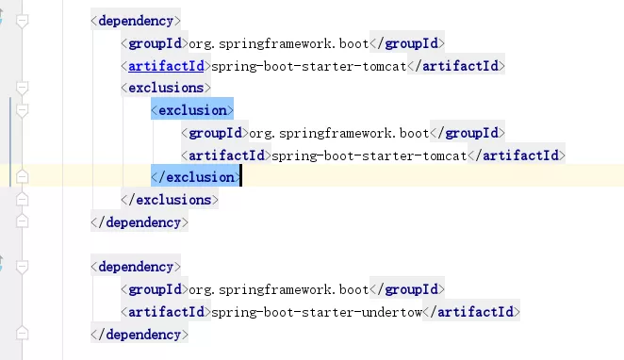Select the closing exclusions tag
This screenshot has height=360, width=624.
click(170, 200)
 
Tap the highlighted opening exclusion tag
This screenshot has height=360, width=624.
click(192, 110)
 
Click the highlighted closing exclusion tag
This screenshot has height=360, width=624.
click(195, 177)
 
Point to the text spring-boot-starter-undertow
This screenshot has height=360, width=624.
click(309, 311)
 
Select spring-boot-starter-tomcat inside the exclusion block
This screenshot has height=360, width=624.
click(369, 155)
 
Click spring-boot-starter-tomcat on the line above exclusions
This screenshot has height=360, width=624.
click(309, 66)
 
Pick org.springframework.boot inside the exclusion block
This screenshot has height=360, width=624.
click(339, 133)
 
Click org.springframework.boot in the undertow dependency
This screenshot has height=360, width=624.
click(278, 288)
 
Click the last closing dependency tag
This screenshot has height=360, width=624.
click(140, 334)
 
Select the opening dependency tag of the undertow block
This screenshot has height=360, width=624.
click(136, 267)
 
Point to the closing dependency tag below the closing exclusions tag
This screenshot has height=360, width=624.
click(140, 222)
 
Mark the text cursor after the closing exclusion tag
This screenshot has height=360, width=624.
click(240, 177)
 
